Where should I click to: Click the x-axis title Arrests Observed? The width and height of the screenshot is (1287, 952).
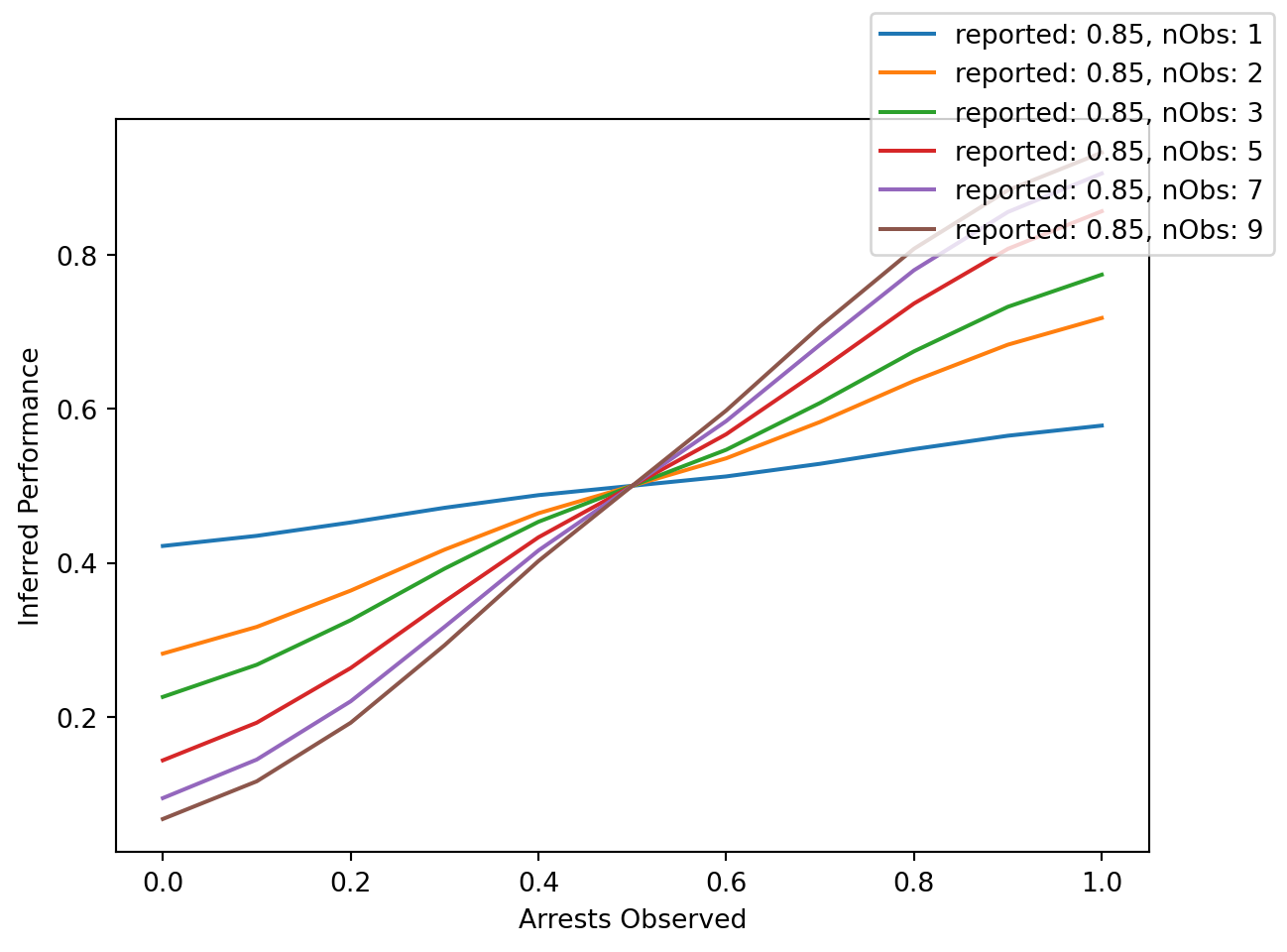(x=632, y=919)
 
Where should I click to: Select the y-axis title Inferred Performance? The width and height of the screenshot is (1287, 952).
(x=31, y=486)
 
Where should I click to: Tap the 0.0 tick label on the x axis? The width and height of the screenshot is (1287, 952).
(x=163, y=881)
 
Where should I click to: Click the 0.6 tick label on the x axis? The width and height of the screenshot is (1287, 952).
(x=726, y=881)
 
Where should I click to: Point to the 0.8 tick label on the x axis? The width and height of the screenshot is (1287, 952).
(x=914, y=881)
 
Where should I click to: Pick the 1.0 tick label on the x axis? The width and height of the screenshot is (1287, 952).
(x=1102, y=881)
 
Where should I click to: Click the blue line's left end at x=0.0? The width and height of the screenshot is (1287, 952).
(x=163, y=545)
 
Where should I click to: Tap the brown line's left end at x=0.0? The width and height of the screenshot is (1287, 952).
(x=163, y=819)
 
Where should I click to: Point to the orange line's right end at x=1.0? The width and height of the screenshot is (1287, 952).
(x=1102, y=317)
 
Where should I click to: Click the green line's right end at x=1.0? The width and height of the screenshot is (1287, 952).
(x=1102, y=275)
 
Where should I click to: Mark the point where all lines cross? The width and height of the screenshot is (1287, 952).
(x=632, y=486)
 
